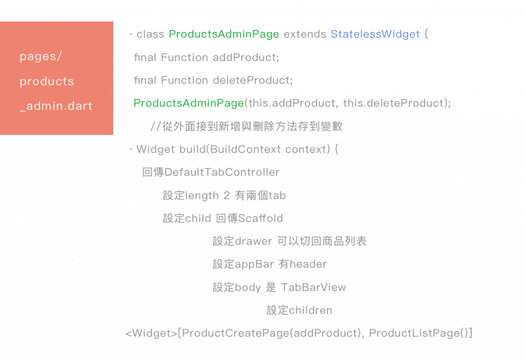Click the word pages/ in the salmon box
[x=41, y=56]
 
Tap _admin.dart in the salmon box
[x=56, y=106]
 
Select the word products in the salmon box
[x=47, y=81]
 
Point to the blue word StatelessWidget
[x=375, y=34]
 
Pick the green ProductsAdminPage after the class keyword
[x=224, y=34]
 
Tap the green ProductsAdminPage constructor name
[x=189, y=103]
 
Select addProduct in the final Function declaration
[x=246, y=57]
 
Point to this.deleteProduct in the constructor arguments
[x=395, y=103]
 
